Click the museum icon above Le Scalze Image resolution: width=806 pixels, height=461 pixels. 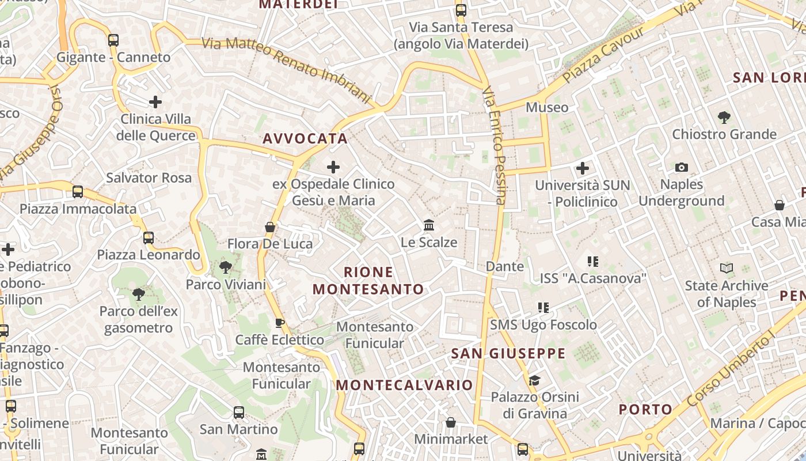(x=429, y=225)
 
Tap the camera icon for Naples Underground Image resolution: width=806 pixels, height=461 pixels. (x=682, y=167)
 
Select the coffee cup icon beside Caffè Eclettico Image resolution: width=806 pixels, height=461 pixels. (x=279, y=323)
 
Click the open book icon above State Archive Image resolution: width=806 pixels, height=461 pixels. (x=727, y=268)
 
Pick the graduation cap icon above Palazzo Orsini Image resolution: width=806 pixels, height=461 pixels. (x=535, y=380)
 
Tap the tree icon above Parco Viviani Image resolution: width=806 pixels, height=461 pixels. (x=225, y=267)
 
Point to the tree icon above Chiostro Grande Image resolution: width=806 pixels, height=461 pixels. (x=724, y=118)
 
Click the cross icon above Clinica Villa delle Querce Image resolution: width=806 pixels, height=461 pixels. (x=155, y=102)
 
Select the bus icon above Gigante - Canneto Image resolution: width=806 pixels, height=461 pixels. (x=113, y=40)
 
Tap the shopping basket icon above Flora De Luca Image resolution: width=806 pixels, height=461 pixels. (x=269, y=227)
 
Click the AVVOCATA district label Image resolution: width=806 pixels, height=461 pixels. (x=305, y=138)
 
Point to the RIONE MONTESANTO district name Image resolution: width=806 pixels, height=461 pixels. (x=368, y=280)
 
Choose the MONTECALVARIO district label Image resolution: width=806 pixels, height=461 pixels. (x=404, y=385)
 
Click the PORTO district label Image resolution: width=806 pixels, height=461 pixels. (x=645, y=410)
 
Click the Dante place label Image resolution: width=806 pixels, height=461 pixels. (x=505, y=266)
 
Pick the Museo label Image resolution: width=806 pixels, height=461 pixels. (x=547, y=107)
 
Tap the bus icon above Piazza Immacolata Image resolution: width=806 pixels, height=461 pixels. (x=78, y=192)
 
